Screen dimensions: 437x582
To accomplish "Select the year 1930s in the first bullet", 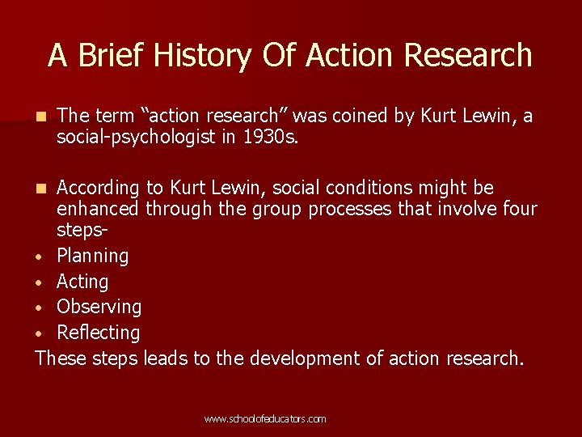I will [271, 138].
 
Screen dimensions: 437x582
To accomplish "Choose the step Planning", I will [92, 257].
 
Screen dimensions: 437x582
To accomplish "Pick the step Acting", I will [82, 282].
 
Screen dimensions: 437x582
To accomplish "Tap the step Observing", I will [99, 307].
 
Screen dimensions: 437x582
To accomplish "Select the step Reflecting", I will [98, 333].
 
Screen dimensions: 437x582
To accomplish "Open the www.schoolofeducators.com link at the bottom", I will [265, 419].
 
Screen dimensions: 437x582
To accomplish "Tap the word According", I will [99, 189].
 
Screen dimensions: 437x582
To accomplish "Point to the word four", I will [519, 210].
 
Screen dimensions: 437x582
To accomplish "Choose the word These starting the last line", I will [61, 358].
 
